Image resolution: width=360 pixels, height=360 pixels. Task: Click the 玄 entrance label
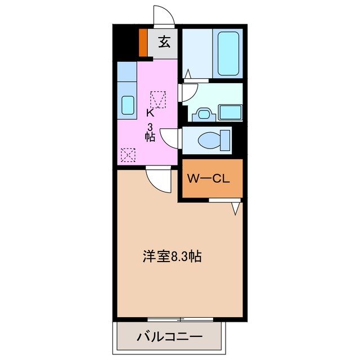pyautogui.click(x=164, y=42)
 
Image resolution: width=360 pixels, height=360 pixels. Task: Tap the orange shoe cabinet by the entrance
pyautogui.click(x=143, y=43)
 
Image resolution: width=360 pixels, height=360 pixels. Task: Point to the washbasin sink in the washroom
pyautogui.click(x=201, y=115)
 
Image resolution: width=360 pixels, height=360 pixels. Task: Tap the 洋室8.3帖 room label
pyautogui.click(x=172, y=256)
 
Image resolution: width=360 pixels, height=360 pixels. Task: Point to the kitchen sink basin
pyautogui.click(x=128, y=106)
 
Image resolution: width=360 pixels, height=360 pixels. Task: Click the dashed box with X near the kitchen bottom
pyautogui.click(x=128, y=154)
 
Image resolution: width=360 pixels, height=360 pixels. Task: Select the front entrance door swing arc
pyautogui.click(x=163, y=15)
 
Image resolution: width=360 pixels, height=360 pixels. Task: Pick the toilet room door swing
pyautogui.click(x=170, y=137)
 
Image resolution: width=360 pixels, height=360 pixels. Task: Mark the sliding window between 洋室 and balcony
pyautogui.click(x=181, y=319)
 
